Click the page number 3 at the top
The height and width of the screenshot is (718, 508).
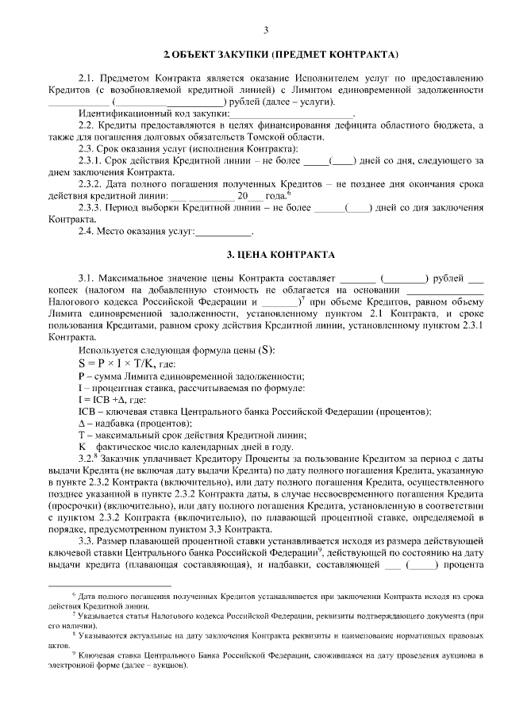(x=266, y=31)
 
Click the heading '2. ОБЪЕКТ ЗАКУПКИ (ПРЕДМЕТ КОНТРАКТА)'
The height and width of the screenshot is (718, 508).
(x=280, y=56)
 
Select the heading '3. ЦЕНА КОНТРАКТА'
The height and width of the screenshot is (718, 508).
(x=281, y=255)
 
